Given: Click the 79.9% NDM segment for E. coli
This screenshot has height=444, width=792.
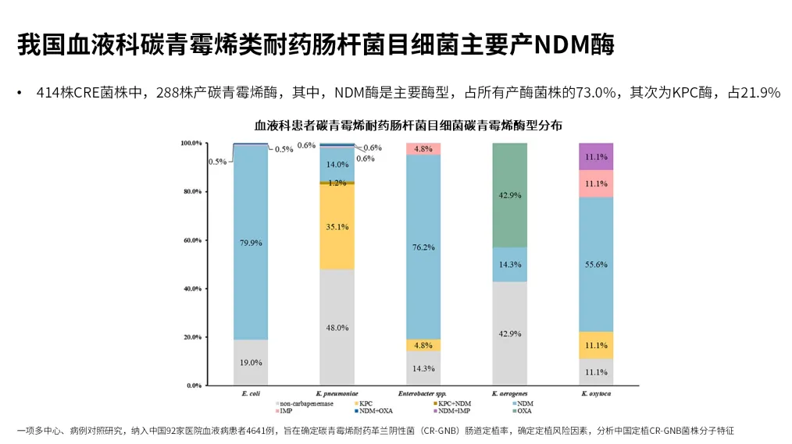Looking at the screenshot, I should coord(251,243).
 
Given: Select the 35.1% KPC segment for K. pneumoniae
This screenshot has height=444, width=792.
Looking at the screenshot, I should coord(337,226).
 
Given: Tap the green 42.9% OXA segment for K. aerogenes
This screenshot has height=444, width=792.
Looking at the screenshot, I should coord(509,195).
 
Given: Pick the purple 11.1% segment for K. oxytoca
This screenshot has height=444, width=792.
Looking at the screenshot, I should coord(595,156).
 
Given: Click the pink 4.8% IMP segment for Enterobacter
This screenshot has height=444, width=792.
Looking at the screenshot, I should coord(423,148).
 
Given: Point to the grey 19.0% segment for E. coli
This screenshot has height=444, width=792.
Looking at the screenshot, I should coord(251,362).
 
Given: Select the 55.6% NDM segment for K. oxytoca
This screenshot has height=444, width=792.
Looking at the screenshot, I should coord(595,265).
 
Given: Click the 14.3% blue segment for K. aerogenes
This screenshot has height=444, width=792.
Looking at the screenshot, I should coord(509,265).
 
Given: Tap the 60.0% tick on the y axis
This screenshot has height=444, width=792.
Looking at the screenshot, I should coord(191,240).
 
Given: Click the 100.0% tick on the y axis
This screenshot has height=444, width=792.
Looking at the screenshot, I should coord(191,144).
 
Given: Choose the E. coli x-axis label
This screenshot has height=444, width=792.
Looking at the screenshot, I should coord(251,395).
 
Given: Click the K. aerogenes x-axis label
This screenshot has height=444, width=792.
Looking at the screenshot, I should coord(509,395).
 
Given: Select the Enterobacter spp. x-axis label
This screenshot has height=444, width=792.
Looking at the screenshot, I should coord(423,395).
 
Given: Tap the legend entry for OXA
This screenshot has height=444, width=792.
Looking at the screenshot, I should coord(523,410).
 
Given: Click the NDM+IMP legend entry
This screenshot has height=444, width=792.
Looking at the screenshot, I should coord(453,410).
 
